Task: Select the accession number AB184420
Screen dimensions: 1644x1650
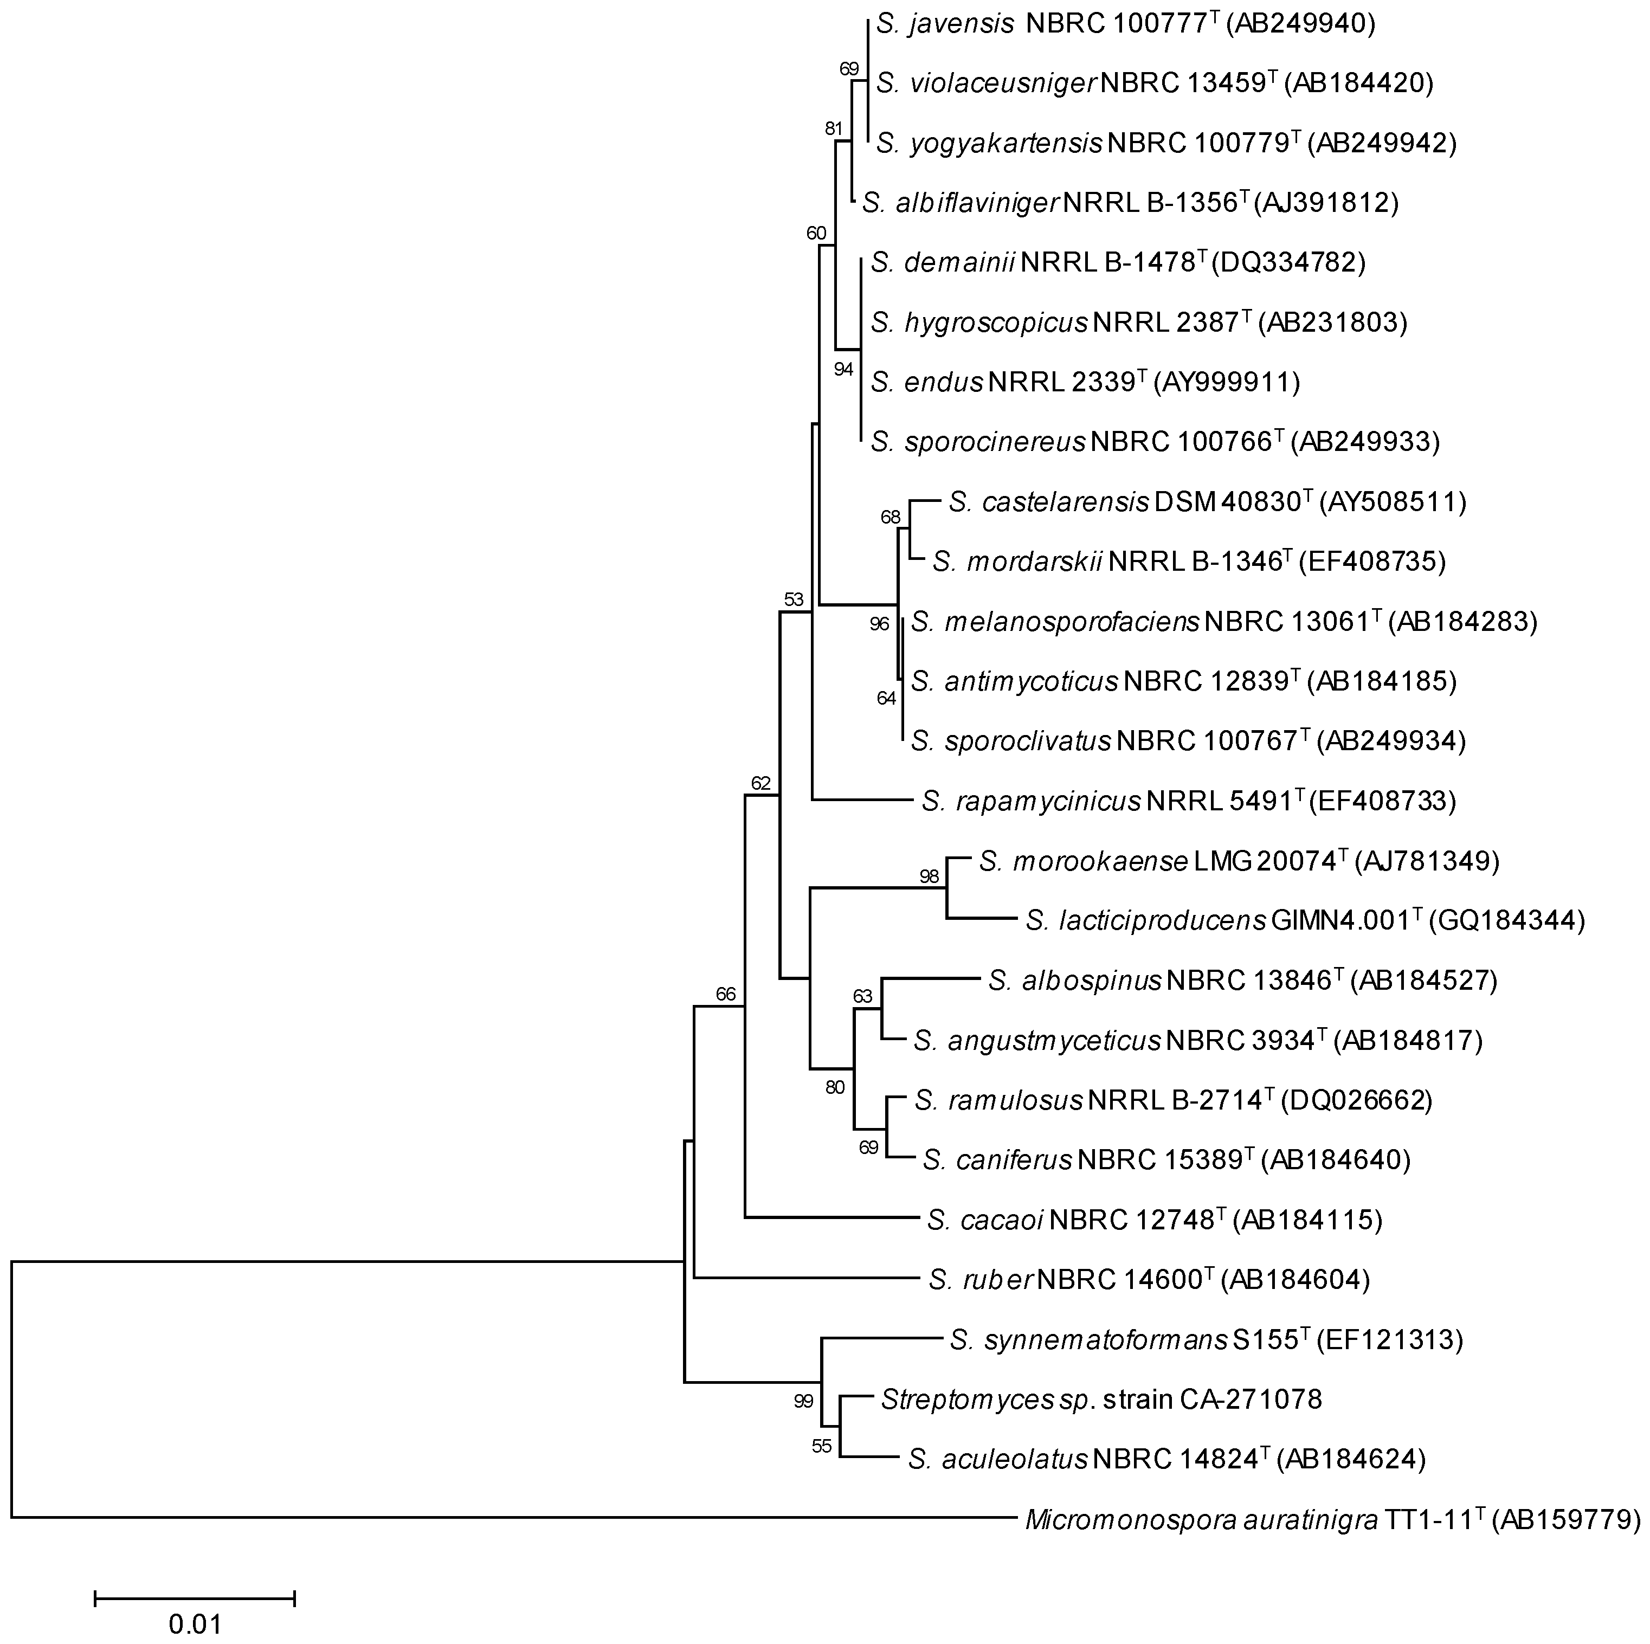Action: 1361,83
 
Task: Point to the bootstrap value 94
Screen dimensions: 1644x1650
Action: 844,369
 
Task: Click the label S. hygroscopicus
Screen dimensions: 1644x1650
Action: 979,322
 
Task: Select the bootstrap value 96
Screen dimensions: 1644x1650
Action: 879,623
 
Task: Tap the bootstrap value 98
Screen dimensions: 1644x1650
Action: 929,876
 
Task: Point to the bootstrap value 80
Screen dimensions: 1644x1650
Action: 834,1088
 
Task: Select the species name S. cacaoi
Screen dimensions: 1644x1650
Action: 985,1220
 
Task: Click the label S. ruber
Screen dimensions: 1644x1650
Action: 981,1279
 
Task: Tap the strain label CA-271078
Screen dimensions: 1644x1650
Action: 1251,1399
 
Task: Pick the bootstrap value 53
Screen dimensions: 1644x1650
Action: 794,599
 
